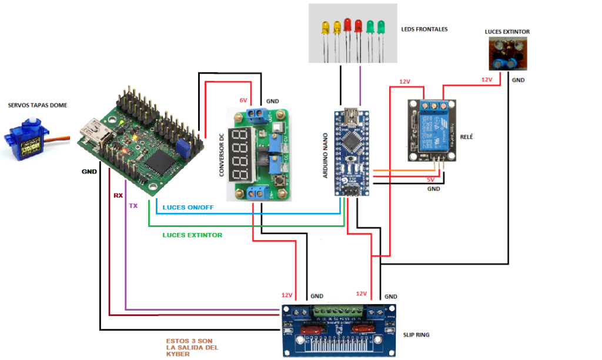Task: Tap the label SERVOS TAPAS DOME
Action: coord(38,105)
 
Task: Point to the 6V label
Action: coord(243,100)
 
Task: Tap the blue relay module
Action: coord(433,130)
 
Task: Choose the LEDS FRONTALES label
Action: coord(424,28)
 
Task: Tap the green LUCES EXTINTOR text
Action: coord(192,235)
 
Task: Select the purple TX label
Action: coord(133,206)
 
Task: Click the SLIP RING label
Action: coord(417,335)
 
